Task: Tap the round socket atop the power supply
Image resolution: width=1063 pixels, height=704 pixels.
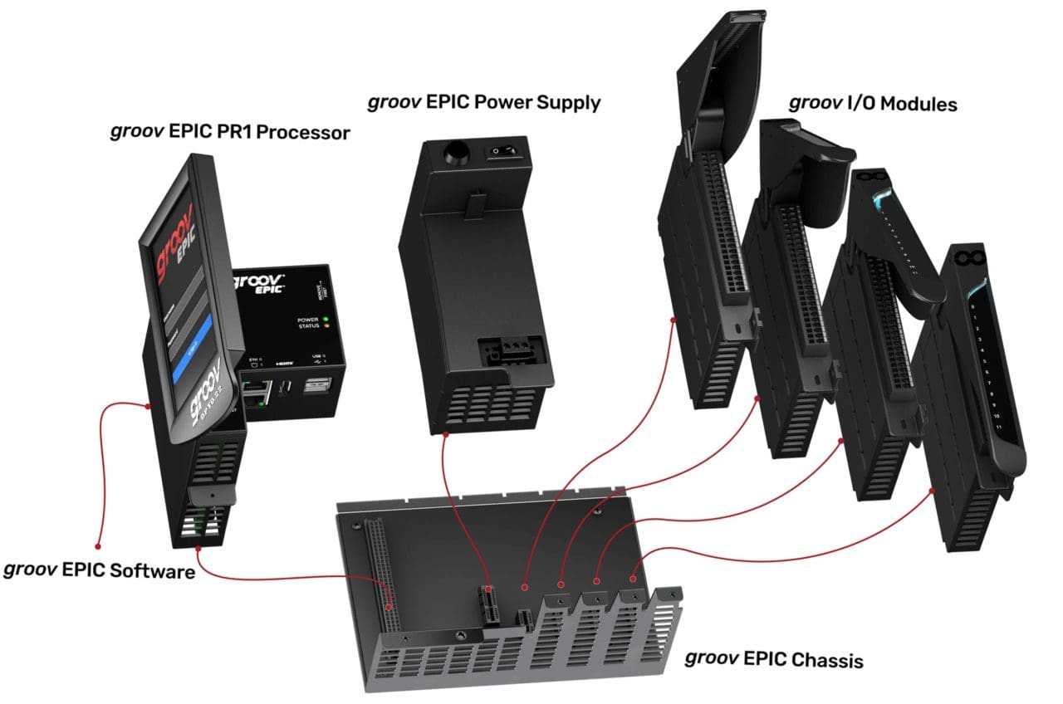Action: [455, 153]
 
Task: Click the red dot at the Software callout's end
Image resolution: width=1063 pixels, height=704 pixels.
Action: [98, 547]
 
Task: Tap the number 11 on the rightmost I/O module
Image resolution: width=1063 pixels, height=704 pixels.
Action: [997, 427]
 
